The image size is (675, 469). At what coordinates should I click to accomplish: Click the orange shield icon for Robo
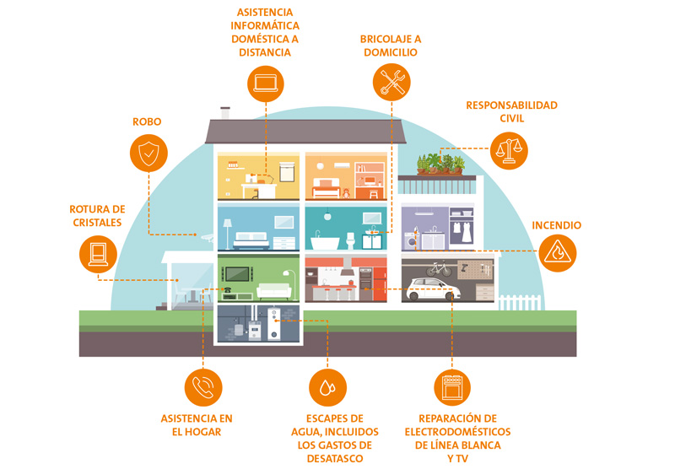pyautogui.click(x=148, y=154)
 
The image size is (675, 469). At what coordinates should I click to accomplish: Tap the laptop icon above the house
pyautogui.click(x=267, y=83)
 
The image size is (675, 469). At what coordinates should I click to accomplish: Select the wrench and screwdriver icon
pyautogui.click(x=391, y=83)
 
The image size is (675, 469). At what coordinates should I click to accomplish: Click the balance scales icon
pyautogui.click(x=507, y=149)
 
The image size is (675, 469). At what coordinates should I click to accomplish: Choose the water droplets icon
pyautogui.click(x=327, y=387)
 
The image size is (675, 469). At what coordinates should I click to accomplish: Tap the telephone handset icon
pyautogui.click(x=202, y=387)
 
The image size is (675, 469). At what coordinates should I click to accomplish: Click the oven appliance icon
pyautogui.click(x=452, y=387)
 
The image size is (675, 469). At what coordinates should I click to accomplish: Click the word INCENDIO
pyautogui.click(x=556, y=225)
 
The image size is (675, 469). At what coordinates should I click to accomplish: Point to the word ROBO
pyautogui.click(x=147, y=122)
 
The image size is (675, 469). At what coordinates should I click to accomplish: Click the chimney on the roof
pyautogui.click(x=225, y=112)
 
